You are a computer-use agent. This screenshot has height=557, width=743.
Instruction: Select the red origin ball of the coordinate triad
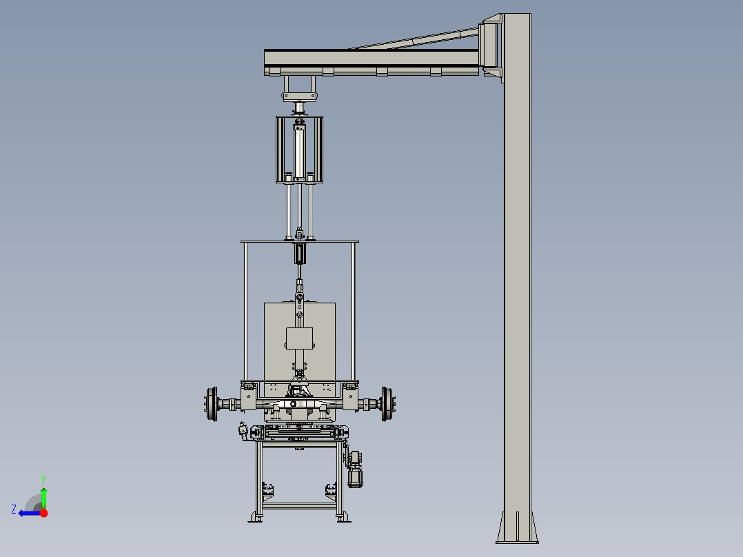click(43, 513)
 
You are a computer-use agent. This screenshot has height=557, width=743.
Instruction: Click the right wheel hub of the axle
click(387, 403)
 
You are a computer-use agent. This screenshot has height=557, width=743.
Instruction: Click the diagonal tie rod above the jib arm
click(414, 41)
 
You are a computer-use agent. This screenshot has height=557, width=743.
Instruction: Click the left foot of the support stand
click(256, 517)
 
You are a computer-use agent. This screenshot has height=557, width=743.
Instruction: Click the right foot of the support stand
click(341, 517)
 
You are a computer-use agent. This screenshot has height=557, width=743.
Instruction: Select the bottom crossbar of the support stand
click(298, 506)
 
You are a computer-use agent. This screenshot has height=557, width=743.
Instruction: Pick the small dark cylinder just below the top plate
click(300, 254)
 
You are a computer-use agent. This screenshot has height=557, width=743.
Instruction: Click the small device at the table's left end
click(243, 429)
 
